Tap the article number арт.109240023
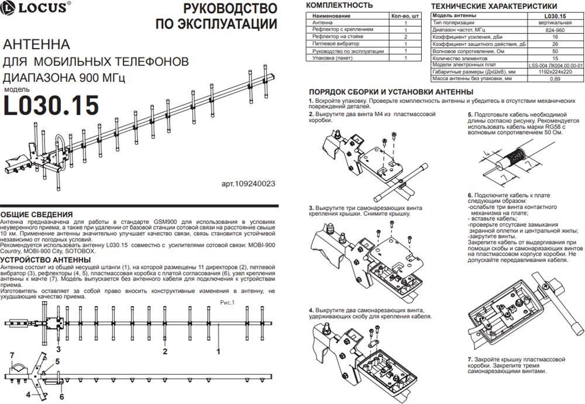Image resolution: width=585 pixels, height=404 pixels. point(248,184)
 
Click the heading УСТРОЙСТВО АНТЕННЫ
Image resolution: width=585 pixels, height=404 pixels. point(44,260)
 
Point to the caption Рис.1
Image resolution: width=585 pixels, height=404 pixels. point(227,302)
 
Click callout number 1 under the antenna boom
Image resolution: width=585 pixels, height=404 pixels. point(218,351)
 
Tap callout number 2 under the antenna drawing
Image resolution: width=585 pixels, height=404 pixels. point(165,351)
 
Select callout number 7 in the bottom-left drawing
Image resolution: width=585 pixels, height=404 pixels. point(12,355)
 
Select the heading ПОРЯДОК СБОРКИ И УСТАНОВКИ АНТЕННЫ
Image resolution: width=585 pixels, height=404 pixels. point(391,92)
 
